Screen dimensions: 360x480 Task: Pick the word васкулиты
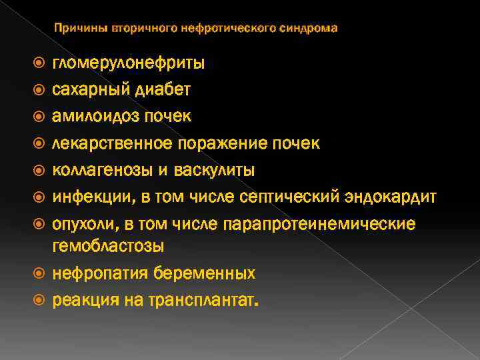point(215,169)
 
